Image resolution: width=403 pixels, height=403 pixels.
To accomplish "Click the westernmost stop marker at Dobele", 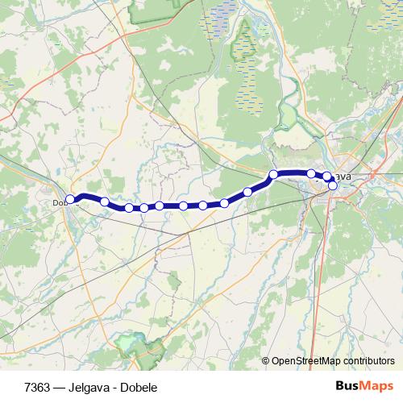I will [70, 199].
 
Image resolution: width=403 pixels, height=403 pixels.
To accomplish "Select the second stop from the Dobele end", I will [104, 201].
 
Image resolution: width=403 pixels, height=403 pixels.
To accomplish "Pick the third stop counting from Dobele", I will [129, 208].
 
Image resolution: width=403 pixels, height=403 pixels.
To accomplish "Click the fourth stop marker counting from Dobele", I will [144, 208].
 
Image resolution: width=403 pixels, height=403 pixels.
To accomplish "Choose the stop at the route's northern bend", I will [274, 174].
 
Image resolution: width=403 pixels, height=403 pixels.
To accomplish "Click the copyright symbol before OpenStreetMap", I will [266, 361].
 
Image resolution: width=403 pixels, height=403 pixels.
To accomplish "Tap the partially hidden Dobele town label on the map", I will [59, 202].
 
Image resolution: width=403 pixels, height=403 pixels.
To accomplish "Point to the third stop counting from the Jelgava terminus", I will [311, 173].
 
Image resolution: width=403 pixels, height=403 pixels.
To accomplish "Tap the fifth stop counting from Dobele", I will [160, 206].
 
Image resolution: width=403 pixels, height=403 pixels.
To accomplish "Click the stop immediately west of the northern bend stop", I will [247, 192].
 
